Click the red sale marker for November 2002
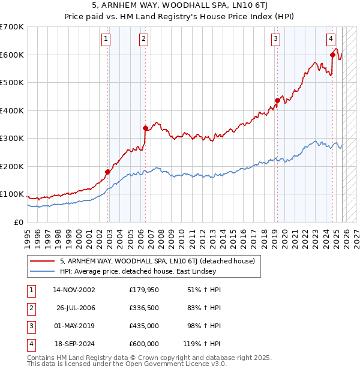[108, 172]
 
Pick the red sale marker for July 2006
[145, 128]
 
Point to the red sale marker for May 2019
[277, 100]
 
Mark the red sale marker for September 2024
[332, 55]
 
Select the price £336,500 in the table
[144, 308]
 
